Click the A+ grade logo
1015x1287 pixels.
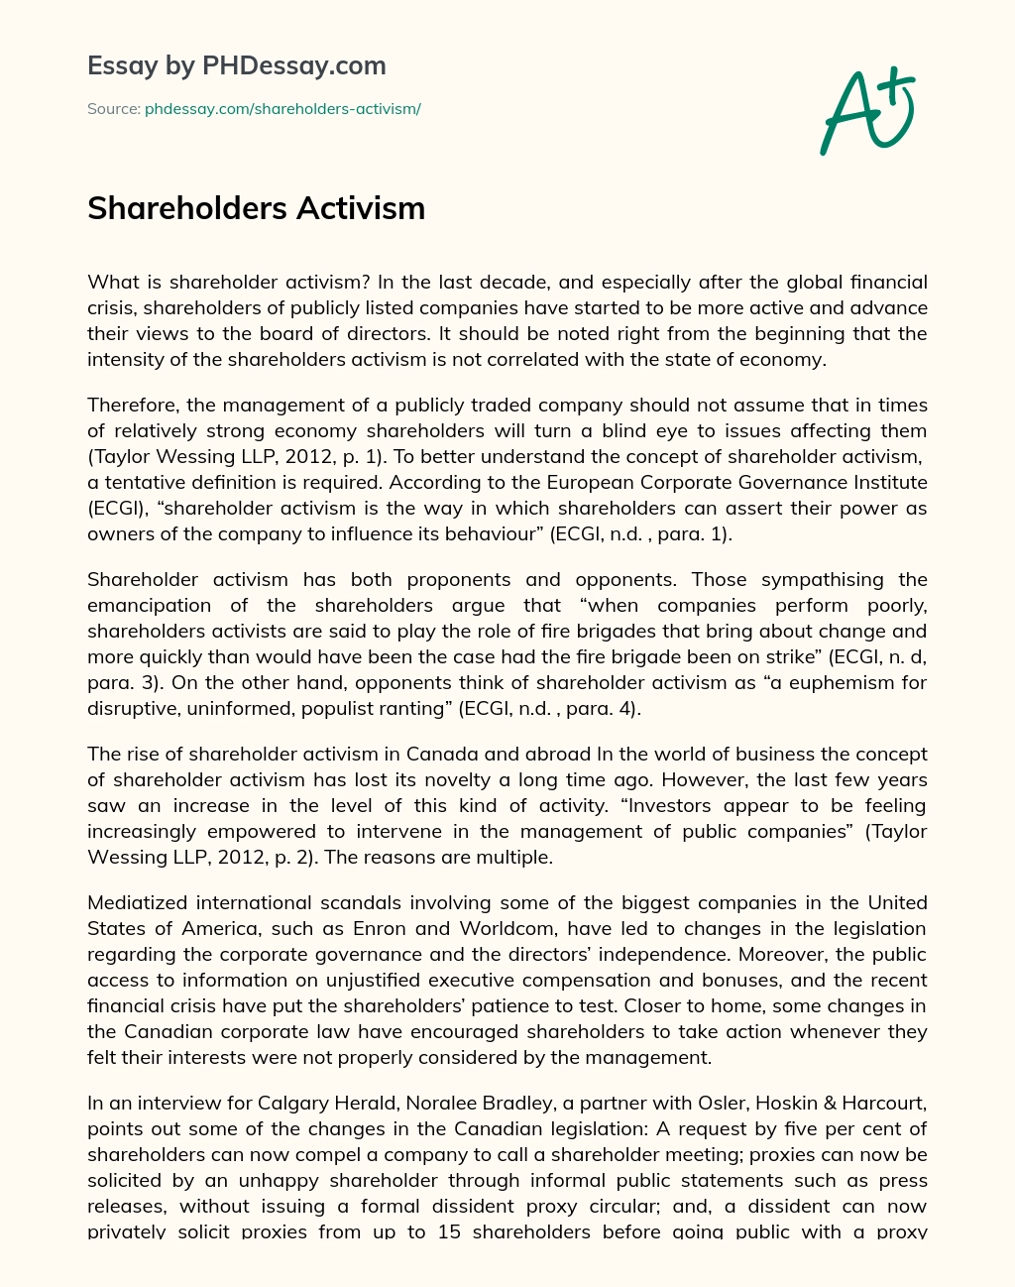coord(867,111)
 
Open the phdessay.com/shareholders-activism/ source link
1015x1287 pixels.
coord(282,109)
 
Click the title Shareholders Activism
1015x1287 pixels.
coord(256,208)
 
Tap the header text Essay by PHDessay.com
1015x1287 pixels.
coord(237,65)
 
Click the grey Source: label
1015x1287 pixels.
coord(114,109)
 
